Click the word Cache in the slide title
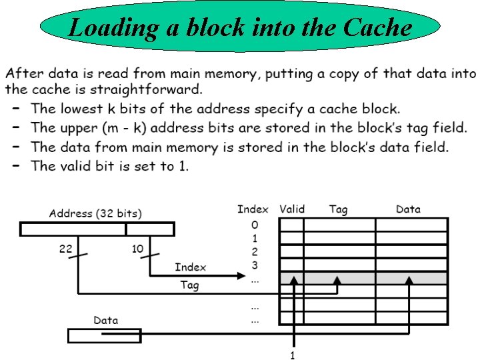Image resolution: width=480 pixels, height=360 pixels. (378, 28)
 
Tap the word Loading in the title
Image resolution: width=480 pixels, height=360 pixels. (105, 28)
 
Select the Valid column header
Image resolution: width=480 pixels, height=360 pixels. (292, 209)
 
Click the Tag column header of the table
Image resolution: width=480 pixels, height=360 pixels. (338, 209)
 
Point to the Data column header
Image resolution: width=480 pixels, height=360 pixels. (408, 209)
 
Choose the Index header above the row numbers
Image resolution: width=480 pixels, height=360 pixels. (253, 209)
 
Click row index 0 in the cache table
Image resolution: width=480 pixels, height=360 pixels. (255, 225)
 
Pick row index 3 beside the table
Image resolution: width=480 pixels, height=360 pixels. (255, 265)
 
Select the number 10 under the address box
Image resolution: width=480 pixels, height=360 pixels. (137, 249)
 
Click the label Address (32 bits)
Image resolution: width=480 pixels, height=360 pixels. (95, 214)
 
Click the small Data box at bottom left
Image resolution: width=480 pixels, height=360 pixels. (105, 335)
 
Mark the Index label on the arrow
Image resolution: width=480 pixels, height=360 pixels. (190, 267)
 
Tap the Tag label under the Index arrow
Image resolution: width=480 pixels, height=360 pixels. (189, 285)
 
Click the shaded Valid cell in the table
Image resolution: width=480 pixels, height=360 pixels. (291, 278)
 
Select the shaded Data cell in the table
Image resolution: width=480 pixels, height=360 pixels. (411, 278)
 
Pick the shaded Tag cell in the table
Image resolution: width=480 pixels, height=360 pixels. (339, 278)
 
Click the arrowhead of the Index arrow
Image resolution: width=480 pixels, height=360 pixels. (243, 275)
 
